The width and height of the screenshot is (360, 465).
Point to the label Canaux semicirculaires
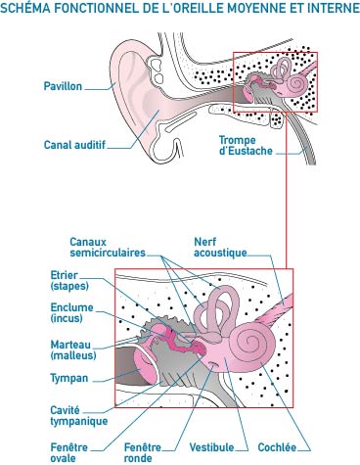pos(107,246)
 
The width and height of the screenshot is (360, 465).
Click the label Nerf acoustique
pos(221,246)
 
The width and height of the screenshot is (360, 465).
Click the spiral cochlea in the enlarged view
pos(256,344)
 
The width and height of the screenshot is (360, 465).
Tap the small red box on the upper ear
pos(267,81)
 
